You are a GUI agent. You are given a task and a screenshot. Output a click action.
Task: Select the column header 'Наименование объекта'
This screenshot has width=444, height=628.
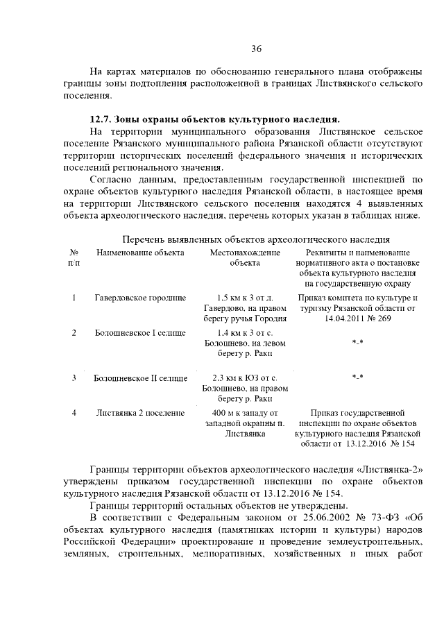140,253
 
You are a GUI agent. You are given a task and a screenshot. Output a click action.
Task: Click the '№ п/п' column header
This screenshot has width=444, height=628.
74,257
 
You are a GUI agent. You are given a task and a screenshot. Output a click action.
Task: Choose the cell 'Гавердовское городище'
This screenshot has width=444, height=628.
140,297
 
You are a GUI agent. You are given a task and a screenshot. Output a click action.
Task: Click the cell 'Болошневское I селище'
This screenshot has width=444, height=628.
140,332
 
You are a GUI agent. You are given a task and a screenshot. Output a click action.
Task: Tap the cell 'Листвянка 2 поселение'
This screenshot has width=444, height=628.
140,412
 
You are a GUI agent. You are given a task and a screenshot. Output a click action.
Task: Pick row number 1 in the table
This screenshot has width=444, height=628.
74,297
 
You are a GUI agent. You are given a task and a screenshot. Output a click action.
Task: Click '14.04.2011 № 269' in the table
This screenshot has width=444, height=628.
358,319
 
